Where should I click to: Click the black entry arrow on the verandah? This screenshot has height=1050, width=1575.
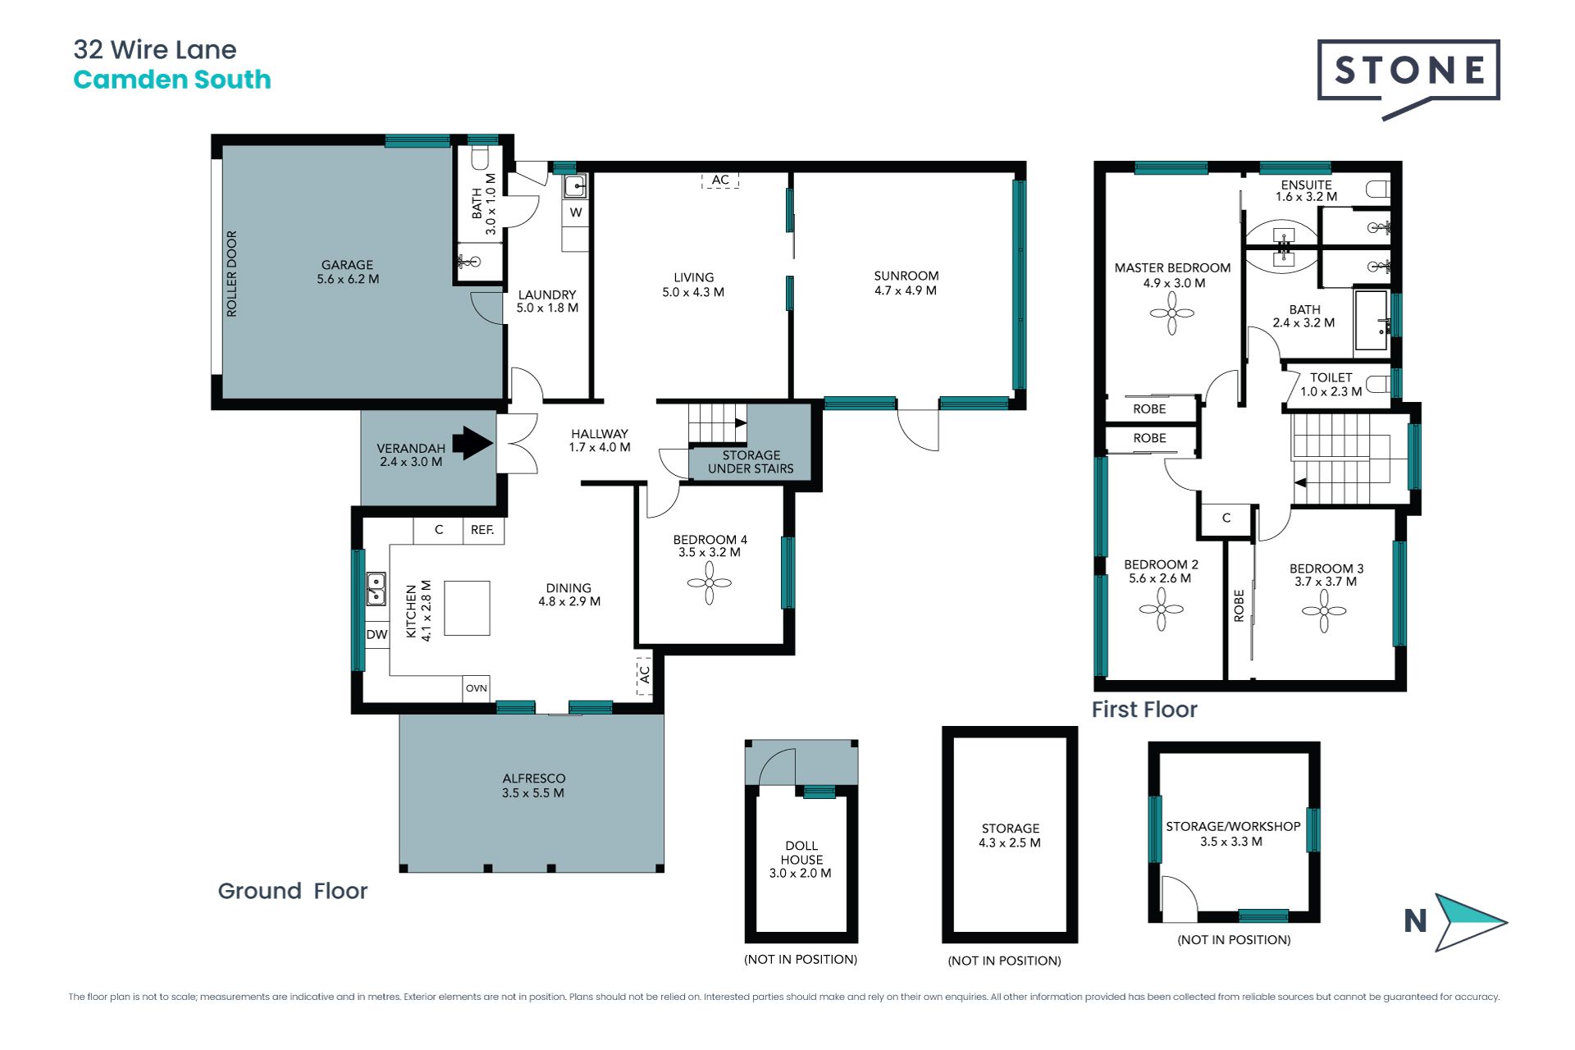472,443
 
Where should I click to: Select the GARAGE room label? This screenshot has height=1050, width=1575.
347,265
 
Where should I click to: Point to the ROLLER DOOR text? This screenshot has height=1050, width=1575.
231,273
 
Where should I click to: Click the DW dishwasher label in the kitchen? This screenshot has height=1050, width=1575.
377,635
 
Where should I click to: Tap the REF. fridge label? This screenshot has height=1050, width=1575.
482,530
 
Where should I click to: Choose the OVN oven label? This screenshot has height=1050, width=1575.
476,688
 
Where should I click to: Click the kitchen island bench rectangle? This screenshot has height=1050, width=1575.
467,608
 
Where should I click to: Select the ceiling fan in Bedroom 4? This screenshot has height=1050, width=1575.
709,583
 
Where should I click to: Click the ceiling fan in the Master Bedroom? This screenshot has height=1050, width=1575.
1171,313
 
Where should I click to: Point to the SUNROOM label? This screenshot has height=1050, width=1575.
906,276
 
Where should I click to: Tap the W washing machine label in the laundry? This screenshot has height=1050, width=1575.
576,212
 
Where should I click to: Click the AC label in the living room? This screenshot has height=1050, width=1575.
720,180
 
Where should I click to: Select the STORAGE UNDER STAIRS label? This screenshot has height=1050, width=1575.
751,462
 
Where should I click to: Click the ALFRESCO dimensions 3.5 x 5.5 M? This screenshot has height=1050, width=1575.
533,793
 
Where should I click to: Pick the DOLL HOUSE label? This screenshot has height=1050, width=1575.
801,852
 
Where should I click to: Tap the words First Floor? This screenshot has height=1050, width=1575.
1144,710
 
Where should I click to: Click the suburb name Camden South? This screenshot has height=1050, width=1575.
172,80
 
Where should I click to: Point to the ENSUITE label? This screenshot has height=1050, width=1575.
1307,185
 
